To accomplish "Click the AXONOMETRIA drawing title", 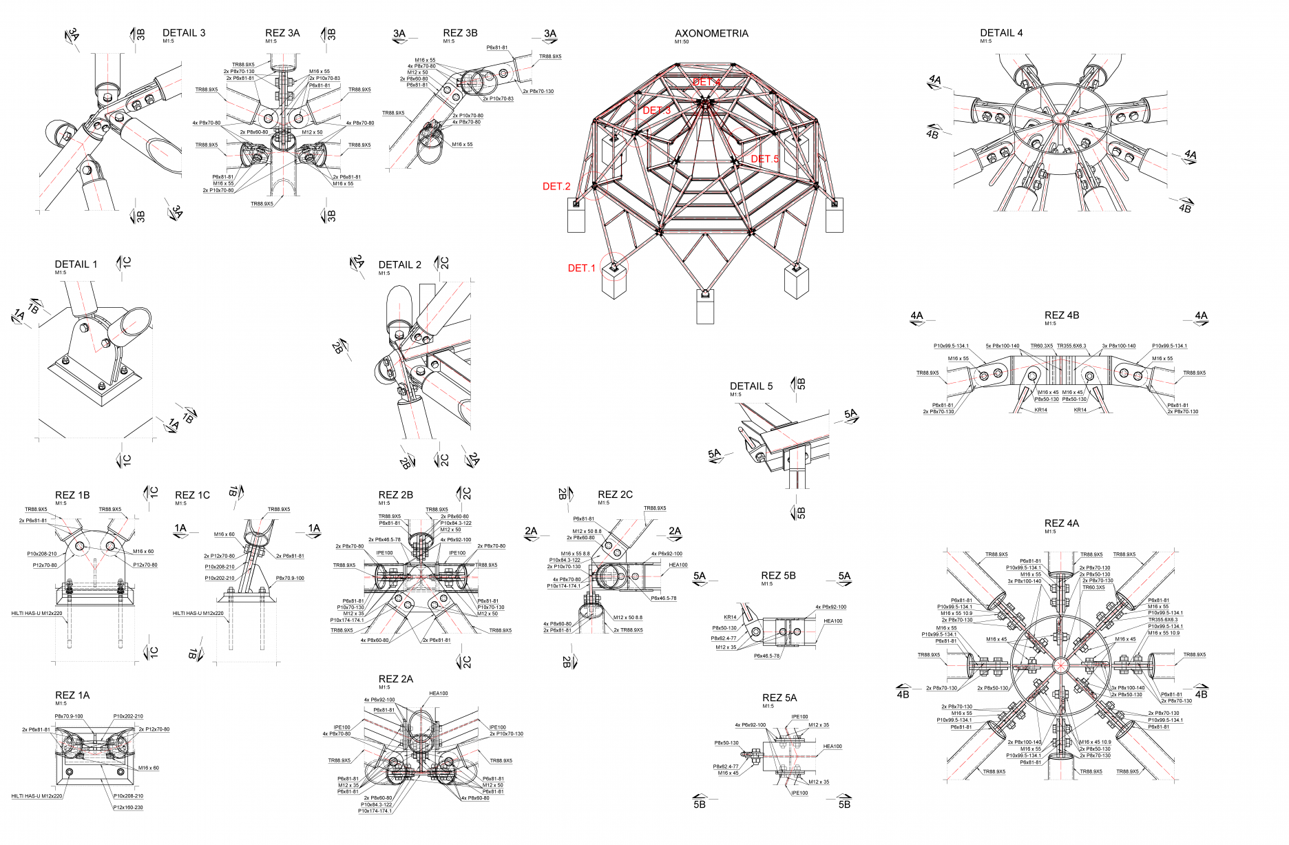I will click(x=711, y=33).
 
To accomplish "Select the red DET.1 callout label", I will click(x=581, y=268).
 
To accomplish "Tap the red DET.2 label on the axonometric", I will click(x=556, y=186).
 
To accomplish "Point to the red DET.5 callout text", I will click(x=764, y=159).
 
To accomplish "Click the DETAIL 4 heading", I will click(x=1001, y=33).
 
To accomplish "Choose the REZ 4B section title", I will click(x=1062, y=315).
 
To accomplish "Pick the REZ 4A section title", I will click(x=1062, y=523).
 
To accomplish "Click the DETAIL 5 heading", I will click(x=751, y=386).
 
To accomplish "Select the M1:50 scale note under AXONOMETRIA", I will click(x=682, y=42).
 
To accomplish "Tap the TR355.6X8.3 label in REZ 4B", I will click(x=1071, y=346).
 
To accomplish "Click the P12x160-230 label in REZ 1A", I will click(x=128, y=807).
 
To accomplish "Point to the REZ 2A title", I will click(x=396, y=679).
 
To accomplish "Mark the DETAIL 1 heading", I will click(x=76, y=264).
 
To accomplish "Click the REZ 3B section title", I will click(x=460, y=33).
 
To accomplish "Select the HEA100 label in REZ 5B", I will click(x=832, y=621).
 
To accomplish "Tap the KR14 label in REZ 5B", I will click(x=730, y=617).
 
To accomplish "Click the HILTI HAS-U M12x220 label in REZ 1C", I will click(x=198, y=613).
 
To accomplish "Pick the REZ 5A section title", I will click(x=779, y=698).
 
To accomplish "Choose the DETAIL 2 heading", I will click(x=399, y=265).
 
